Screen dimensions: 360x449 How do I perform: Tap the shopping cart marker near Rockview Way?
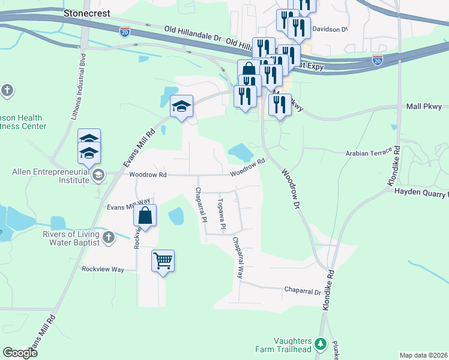click(x=163, y=261)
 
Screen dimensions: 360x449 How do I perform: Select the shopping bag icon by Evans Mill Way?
click(x=145, y=215)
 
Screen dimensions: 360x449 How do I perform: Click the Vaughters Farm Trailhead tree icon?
click(x=321, y=344)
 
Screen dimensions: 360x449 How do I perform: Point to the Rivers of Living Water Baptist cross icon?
click(x=108, y=238)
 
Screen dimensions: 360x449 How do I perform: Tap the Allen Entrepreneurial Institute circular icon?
click(x=98, y=175)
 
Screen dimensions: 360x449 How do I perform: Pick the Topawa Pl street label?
click(x=221, y=214)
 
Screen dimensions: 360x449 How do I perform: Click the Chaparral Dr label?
click(x=303, y=291)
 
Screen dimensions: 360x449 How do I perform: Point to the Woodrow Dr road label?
click(x=289, y=187)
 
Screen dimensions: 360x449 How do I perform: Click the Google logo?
click(x=20, y=353)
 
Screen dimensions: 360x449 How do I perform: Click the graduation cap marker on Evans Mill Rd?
click(x=181, y=107)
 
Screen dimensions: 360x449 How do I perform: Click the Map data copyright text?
click(x=424, y=355)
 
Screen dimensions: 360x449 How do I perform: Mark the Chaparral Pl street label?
click(x=200, y=204)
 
